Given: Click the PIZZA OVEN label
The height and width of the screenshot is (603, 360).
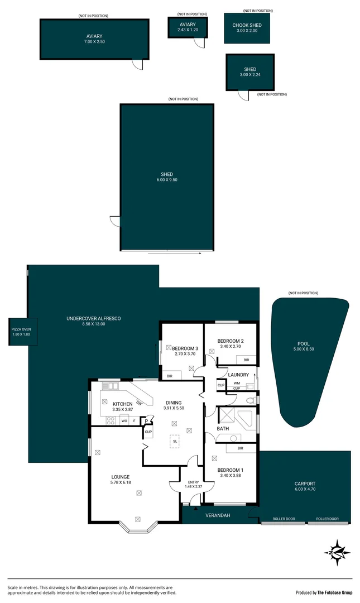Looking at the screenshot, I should point(22,330).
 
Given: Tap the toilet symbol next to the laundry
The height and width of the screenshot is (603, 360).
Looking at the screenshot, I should point(251,400).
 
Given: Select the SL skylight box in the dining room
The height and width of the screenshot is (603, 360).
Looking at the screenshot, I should point(175,441).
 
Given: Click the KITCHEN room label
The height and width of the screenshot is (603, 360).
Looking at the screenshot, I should point(122,404).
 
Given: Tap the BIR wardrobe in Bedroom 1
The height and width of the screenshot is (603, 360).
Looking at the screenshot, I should point(241,448).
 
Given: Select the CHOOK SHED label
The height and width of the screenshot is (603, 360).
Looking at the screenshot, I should point(247,25).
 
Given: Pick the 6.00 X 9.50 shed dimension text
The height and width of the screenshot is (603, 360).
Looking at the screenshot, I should point(167,180).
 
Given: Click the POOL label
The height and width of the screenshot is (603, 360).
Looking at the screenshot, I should point(304,343).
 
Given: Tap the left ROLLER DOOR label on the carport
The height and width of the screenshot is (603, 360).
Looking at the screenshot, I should point(283,519).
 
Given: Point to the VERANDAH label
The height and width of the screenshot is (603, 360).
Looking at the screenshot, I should point(219,515).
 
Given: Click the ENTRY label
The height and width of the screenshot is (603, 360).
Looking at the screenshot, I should point(193,481).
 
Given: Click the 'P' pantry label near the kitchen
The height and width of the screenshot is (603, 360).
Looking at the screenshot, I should point(147,422).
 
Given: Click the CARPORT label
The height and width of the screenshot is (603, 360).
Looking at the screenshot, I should point(305,484).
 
